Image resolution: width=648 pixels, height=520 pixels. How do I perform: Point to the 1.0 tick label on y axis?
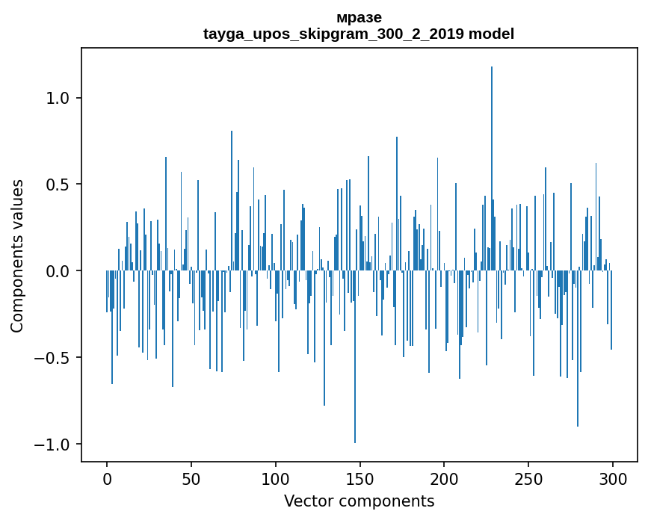[x=59, y=98]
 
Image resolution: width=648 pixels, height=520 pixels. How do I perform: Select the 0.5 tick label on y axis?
[x=59, y=185]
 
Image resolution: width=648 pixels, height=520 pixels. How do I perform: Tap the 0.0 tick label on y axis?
[x=59, y=271]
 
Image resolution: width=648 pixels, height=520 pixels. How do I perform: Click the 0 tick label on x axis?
[x=107, y=479]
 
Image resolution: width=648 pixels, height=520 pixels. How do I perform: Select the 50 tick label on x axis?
[x=191, y=479]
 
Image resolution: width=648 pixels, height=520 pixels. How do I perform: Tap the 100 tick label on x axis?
[x=276, y=479]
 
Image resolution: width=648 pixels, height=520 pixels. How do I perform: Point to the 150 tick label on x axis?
[x=360, y=479]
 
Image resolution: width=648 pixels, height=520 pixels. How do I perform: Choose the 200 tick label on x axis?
[x=445, y=479]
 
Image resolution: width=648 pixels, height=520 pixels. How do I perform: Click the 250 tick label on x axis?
[x=528, y=479]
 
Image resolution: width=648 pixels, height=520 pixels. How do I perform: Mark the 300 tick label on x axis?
[x=613, y=479]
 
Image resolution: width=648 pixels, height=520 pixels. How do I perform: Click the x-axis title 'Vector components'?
[x=359, y=501]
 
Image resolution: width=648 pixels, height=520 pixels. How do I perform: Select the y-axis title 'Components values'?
[x=17, y=256]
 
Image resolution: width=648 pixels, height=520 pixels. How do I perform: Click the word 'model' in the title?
[x=491, y=34]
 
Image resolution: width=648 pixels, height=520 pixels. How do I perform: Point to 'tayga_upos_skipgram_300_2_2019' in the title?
[x=334, y=34]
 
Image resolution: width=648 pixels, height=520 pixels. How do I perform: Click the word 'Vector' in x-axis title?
[x=306, y=501]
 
